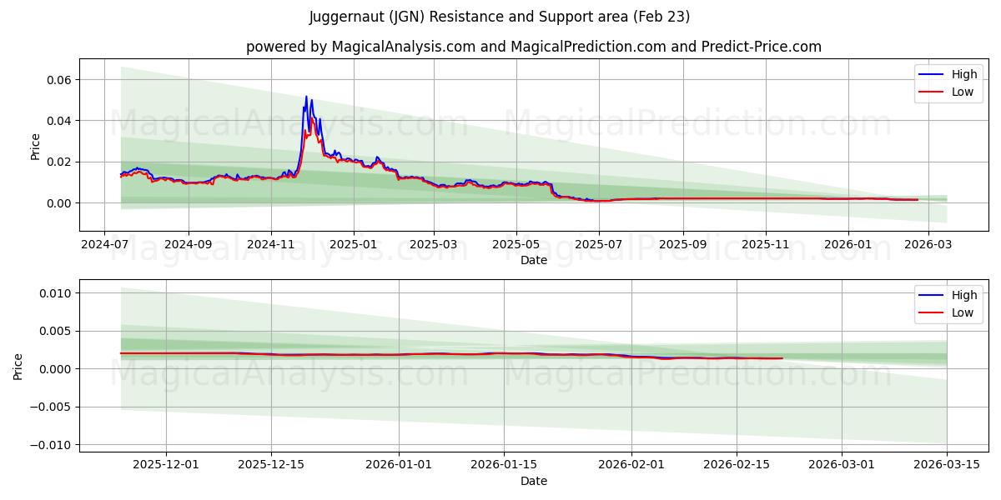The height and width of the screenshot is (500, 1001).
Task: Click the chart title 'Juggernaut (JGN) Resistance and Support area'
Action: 500,17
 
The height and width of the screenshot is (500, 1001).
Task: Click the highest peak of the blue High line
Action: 306,97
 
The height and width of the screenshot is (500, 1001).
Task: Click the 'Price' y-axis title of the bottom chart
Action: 18,366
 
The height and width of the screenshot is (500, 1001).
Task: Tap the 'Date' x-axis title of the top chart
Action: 533,260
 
